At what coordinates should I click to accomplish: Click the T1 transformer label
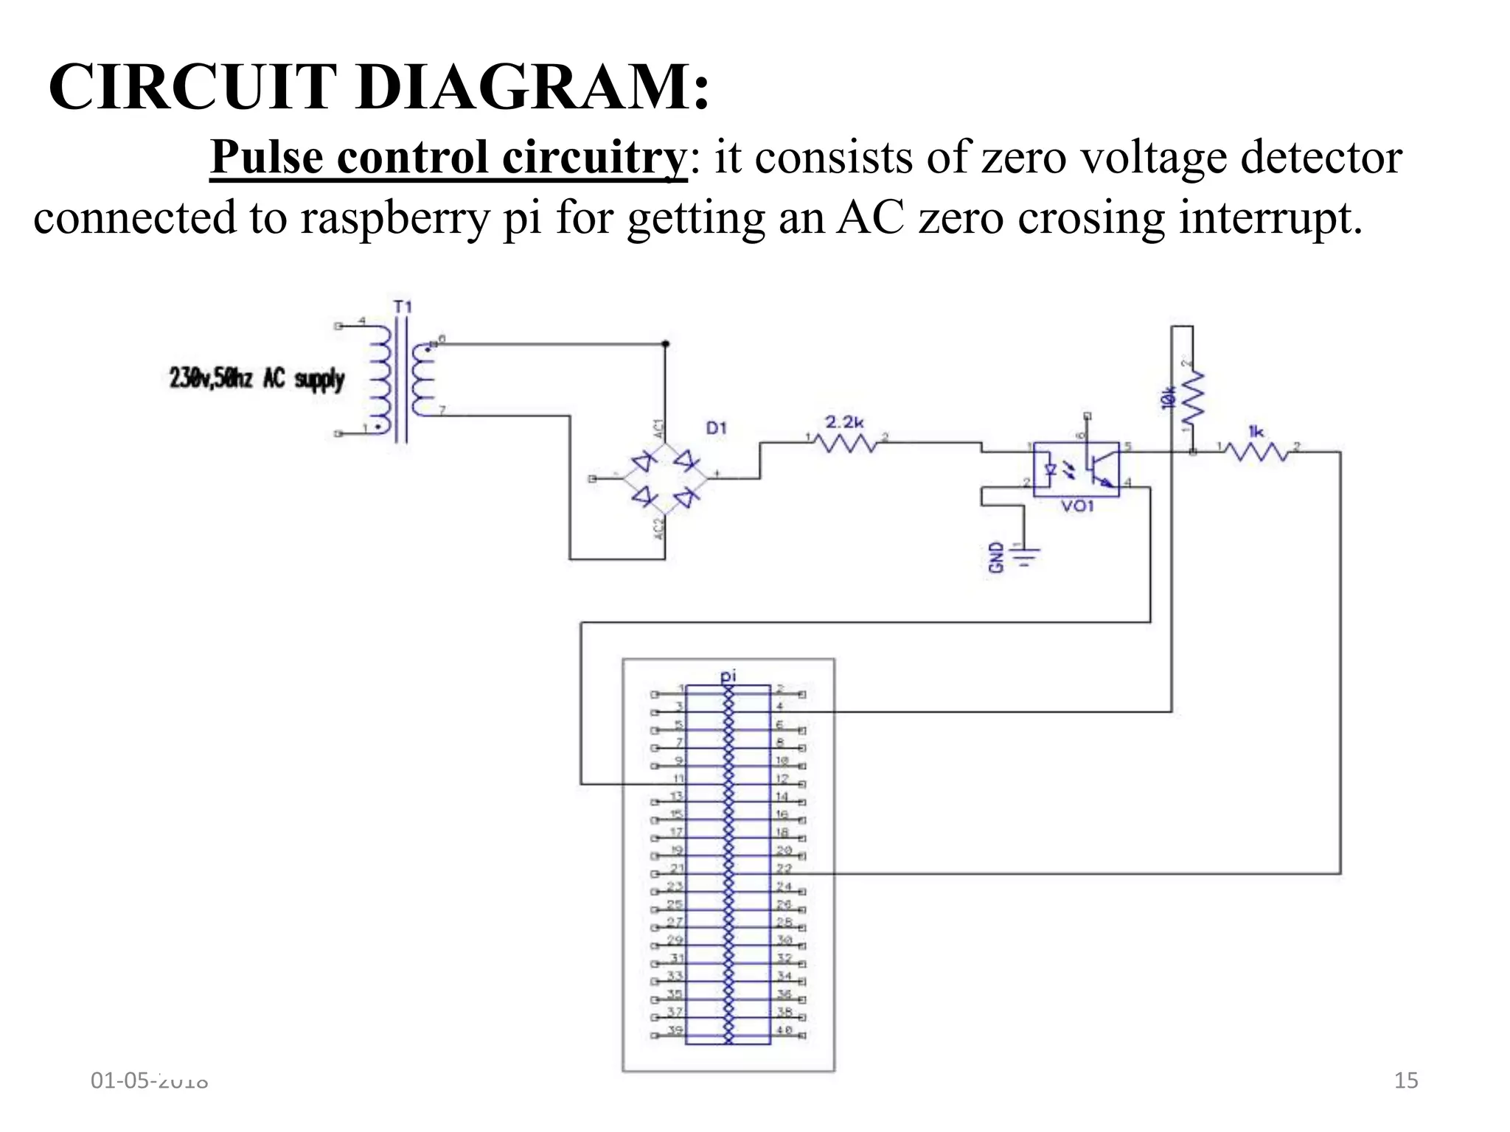(403, 307)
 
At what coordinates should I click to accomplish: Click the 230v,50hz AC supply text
(257, 379)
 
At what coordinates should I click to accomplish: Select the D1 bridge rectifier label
(716, 427)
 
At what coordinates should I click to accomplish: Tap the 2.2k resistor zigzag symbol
(846, 443)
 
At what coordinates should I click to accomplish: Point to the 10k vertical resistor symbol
(1192, 395)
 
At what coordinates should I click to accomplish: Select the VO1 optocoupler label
(1077, 507)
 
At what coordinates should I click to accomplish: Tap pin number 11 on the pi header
(678, 778)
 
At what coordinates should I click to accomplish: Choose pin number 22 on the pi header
(783, 869)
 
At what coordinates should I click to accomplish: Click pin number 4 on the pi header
(779, 706)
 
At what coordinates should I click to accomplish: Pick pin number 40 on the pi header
(784, 1030)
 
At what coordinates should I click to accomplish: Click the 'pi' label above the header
(728, 674)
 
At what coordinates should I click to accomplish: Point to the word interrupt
(1270, 218)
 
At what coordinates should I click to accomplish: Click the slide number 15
(1406, 1080)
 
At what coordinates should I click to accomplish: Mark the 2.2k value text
(844, 422)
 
